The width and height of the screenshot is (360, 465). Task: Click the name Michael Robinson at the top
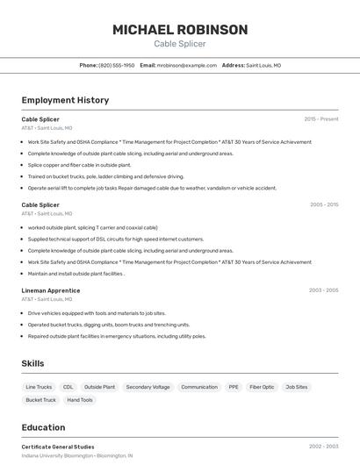(180, 29)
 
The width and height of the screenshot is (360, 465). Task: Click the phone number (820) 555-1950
(117, 65)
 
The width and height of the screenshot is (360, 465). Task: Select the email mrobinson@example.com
(187, 65)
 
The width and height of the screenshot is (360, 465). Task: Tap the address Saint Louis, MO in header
(263, 65)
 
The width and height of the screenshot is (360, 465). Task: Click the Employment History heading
(65, 100)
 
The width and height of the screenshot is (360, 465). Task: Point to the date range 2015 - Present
(321, 118)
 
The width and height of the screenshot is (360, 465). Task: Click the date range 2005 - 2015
(324, 204)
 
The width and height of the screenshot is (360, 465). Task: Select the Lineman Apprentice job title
(51, 290)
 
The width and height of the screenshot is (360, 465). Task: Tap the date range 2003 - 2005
(324, 290)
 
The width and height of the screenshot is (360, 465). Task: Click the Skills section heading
(32, 363)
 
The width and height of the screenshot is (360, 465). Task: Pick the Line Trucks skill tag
(39, 387)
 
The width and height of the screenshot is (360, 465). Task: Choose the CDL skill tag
(68, 387)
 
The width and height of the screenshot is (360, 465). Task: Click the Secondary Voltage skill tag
(148, 387)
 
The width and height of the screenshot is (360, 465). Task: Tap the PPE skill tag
(234, 387)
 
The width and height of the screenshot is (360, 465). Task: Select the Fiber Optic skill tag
(262, 387)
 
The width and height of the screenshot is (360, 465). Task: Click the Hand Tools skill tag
(80, 400)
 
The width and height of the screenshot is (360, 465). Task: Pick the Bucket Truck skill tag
(40, 400)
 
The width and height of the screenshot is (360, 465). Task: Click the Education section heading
(43, 427)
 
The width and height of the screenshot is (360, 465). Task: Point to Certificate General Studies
(58, 447)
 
